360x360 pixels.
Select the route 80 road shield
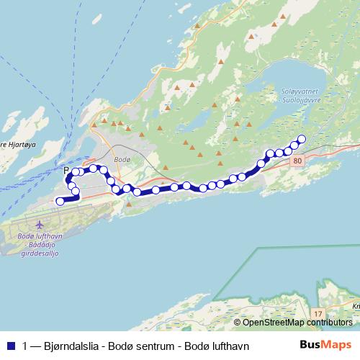point(298,162)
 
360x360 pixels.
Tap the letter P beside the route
point(66,171)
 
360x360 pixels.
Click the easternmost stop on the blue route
point(302,139)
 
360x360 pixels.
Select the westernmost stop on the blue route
point(60,202)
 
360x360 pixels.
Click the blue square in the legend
point(10,346)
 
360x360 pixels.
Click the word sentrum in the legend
point(161,346)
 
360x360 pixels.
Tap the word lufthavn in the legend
point(230,346)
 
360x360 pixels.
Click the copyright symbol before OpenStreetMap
point(238,322)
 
